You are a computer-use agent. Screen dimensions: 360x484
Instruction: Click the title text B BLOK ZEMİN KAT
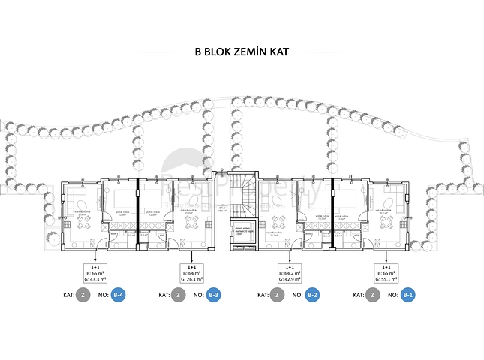(241, 53)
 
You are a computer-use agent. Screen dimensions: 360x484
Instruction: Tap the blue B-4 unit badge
(119, 295)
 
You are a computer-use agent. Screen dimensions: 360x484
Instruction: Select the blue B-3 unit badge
(213, 295)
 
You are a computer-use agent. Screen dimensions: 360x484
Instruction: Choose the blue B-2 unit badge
(312, 295)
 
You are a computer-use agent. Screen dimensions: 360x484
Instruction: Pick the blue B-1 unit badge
(407, 295)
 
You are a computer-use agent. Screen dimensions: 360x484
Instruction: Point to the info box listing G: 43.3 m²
(96, 273)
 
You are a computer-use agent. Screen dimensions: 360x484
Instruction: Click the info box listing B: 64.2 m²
(290, 273)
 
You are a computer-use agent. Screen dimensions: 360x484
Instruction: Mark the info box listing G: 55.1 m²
(386, 273)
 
